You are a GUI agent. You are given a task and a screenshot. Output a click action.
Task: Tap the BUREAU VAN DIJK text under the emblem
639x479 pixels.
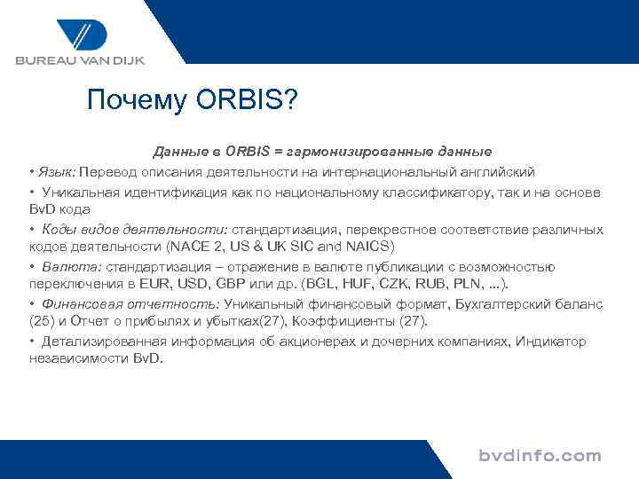[x=79, y=60]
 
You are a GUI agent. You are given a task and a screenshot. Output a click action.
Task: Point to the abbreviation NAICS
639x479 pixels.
[x=368, y=246]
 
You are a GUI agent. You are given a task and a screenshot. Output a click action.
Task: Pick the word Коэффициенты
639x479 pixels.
[x=334, y=320]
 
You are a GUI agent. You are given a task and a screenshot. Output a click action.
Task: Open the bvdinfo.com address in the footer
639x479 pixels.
[x=540, y=457]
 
